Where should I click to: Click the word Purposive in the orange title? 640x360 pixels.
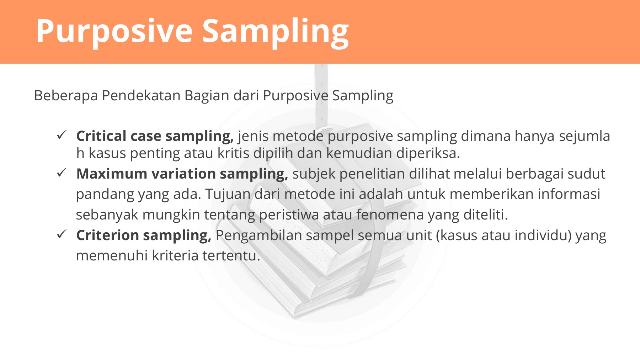coord(114,32)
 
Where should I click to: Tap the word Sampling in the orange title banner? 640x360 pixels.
coord(276,32)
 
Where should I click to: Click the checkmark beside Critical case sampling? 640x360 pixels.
coord(62,135)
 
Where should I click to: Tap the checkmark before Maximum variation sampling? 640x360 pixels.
coord(62,173)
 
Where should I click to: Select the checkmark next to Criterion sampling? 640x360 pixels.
coord(62,234)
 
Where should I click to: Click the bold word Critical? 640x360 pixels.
coord(101,136)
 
